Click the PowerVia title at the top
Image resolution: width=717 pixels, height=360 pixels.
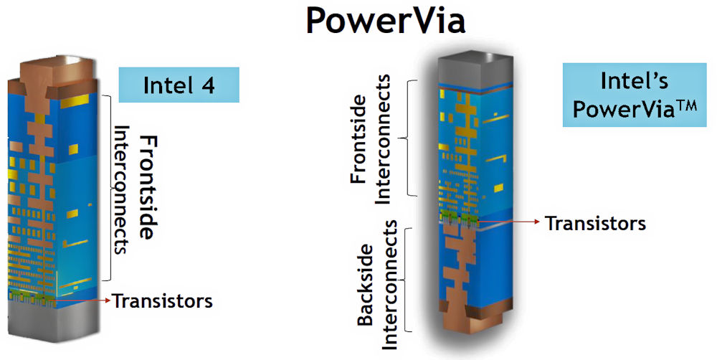(x=385, y=22)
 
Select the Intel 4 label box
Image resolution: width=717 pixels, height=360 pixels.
(x=179, y=85)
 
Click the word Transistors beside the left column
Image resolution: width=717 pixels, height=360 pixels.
(x=162, y=300)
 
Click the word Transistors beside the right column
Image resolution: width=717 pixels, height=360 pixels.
(x=595, y=223)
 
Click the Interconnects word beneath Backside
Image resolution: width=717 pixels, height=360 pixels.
(x=389, y=284)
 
